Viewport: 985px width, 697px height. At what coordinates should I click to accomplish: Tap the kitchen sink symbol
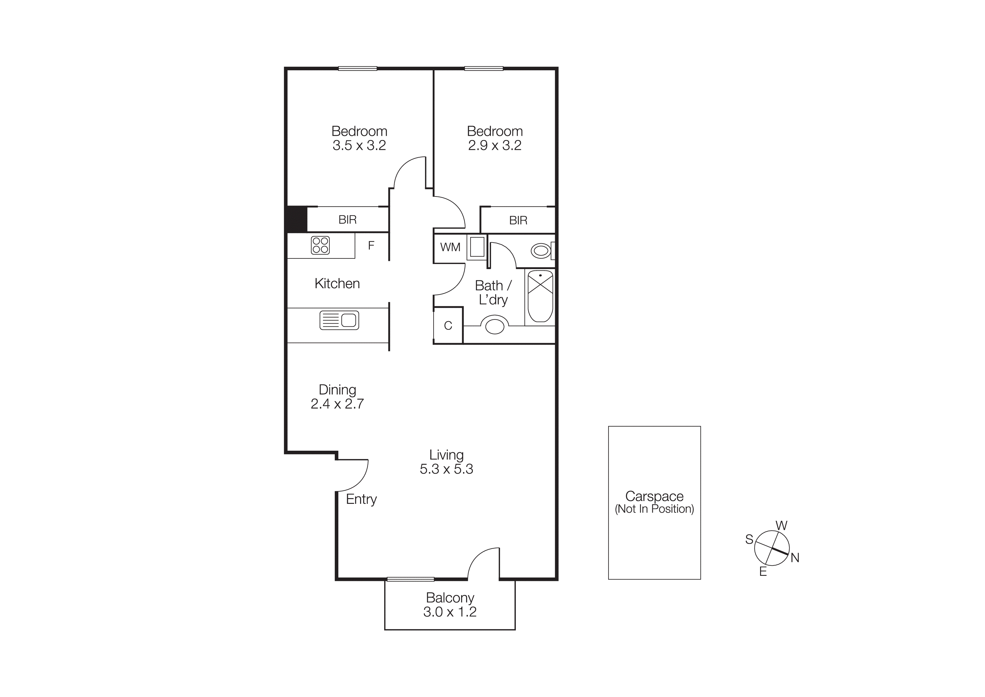(x=339, y=320)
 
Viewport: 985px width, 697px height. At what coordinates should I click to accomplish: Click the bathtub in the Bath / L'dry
(x=540, y=296)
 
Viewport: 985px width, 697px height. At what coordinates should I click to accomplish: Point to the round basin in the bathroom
(x=495, y=326)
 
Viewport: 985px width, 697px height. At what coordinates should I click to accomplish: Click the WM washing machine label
(x=450, y=247)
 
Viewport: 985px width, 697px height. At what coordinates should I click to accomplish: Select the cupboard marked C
(x=448, y=326)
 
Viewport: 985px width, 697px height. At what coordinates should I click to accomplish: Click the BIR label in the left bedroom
(x=348, y=220)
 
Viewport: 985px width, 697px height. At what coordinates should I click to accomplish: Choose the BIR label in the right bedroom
(x=518, y=221)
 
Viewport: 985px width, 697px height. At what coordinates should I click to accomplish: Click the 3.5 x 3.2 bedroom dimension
(x=359, y=146)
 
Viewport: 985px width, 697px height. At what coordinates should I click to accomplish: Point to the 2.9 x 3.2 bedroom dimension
(x=495, y=146)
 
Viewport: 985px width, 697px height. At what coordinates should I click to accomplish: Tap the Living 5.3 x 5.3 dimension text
(x=446, y=469)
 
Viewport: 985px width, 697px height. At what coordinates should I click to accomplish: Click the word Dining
(x=337, y=389)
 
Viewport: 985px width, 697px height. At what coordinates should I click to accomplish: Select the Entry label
(x=361, y=499)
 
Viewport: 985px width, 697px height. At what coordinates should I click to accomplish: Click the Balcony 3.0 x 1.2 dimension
(x=450, y=612)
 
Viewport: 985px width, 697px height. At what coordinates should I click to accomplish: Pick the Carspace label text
(x=654, y=497)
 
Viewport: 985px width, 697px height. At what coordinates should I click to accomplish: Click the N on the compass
(x=795, y=558)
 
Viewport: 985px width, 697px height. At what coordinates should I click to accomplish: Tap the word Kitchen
(x=337, y=283)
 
